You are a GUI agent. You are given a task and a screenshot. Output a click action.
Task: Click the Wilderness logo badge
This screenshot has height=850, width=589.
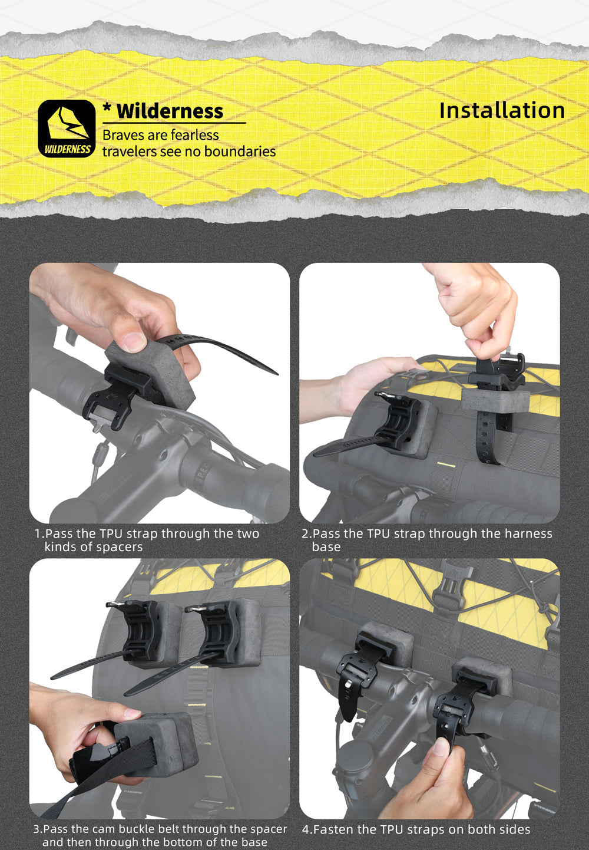coord(67,129)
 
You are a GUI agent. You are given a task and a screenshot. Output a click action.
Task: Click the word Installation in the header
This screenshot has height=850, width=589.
coord(502,110)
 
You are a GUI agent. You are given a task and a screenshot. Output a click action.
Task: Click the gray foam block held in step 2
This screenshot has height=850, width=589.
coord(495,400)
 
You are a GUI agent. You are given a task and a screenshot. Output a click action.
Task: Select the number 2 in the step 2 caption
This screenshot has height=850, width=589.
coord(305,533)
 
